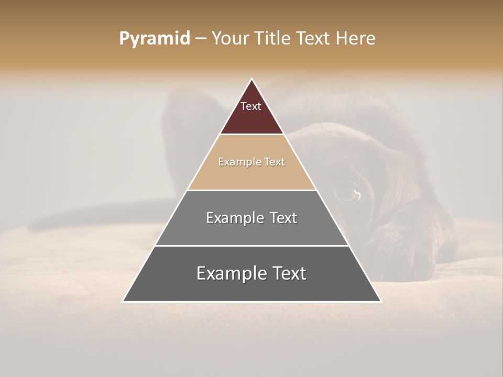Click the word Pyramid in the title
pos(155,38)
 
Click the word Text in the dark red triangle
pos(251,106)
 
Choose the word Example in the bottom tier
pos(228,273)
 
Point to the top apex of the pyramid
pos(251,79)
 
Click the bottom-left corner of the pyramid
pos(123,301)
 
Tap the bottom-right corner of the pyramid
pos(380,301)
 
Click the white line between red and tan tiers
pos(251,135)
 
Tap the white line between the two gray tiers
pos(251,246)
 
